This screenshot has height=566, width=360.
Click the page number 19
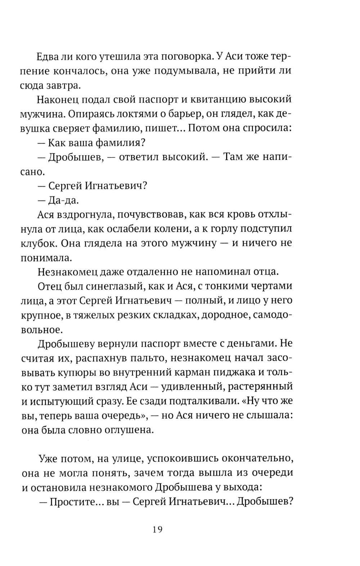[x=157, y=530]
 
